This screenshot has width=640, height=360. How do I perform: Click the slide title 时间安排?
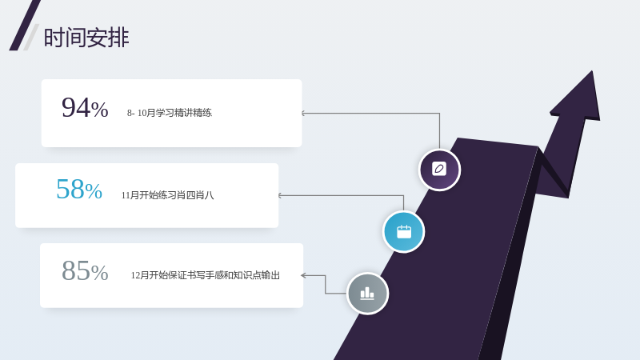coord(86,38)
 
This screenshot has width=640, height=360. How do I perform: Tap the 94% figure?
coord(85,108)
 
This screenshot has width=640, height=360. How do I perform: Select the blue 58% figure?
coord(79,189)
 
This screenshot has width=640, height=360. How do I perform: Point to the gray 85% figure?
coord(85,270)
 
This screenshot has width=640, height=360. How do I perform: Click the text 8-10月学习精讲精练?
coord(170,113)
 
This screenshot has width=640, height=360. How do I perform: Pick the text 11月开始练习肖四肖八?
coord(167,195)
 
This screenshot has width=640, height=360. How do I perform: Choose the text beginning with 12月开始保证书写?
coord(206,275)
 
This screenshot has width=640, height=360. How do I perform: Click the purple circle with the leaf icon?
coord(439,170)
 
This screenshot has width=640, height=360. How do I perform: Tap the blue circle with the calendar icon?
coord(404,232)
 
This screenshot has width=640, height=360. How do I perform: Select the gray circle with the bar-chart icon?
coord(367,294)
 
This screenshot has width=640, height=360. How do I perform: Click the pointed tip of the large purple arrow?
coord(592,71)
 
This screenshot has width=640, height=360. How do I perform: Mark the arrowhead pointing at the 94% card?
coord(303,113)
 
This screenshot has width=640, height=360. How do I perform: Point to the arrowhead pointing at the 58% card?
coord(280,195)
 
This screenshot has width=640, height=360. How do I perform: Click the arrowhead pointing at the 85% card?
coord(303,275)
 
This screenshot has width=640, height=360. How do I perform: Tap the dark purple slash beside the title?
coord(25,26)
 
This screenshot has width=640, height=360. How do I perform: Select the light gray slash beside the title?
coord(31,37)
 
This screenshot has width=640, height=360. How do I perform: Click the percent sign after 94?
coord(99,110)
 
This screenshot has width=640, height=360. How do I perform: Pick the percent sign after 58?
coord(94,191)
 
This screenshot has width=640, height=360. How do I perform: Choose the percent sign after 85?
coord(99,273)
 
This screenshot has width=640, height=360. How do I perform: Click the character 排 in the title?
coord(118,38)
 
